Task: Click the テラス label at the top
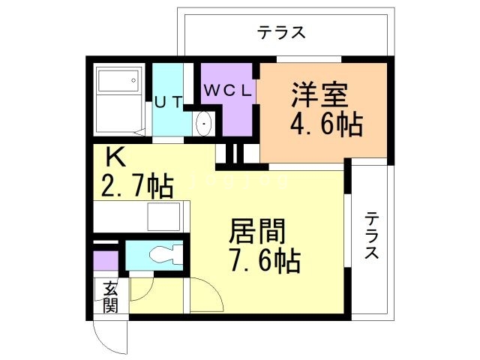pyautogui.click(x=282, y=32)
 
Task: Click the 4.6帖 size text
pyautogui.click(x=326, y=124)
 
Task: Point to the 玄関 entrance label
pyautogui.click(x=111, y=296)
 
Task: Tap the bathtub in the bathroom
pyautogui.click(x=119, y=100)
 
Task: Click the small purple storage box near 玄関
pyautogui.click(x=106, y=260)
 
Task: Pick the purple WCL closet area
pyautogui.click(x=229, y=109)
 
